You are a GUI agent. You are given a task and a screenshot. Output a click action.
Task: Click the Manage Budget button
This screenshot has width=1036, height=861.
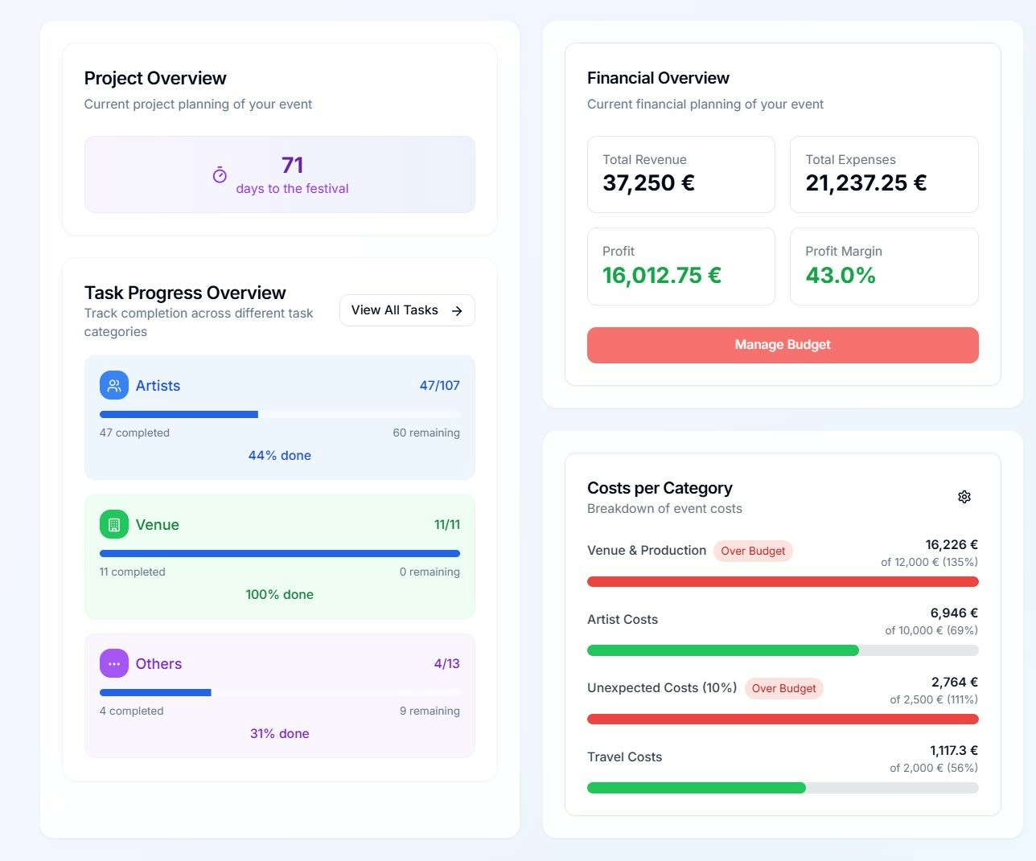pos(782,345)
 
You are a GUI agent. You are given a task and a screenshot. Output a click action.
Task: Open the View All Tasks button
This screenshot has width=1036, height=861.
pos(407,310)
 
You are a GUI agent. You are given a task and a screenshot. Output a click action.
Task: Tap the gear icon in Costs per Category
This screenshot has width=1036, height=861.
pos(964,497)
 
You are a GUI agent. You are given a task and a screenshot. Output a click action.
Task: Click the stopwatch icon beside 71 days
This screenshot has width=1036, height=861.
pos(220,175)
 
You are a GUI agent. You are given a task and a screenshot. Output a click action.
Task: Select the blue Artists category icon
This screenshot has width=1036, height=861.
pos(114,385)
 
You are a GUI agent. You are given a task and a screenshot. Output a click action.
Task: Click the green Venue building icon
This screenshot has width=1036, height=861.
pos(114,524)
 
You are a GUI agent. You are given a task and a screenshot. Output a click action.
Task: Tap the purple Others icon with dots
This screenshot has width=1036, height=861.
pos(114,663)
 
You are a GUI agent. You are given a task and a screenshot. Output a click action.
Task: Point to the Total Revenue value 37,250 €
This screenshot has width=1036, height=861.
pos(648,183)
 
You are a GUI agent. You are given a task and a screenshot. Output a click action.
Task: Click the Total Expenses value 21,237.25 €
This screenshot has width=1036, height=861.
pos(865,183)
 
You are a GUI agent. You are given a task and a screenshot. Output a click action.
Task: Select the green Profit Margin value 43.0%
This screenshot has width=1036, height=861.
pos(841,276)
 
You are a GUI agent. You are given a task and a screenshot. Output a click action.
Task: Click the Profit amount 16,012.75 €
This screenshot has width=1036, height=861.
pos(661,276)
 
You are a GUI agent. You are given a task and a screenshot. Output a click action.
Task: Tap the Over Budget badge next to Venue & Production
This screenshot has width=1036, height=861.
pos(753,551)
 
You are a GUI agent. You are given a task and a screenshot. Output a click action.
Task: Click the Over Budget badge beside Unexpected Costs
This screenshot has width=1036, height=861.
pos(783,688)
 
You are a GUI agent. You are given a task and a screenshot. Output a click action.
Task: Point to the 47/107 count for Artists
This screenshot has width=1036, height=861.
pos(439,385)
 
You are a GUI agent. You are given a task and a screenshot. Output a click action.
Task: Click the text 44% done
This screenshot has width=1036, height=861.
pos(279,455)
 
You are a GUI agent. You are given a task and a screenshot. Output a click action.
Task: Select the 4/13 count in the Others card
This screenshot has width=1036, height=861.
pos(446,663)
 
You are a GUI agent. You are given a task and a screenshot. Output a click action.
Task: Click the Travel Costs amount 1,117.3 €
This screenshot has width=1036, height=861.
pos(953,750)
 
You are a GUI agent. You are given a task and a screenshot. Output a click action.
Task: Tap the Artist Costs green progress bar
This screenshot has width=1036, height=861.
pos(722,650)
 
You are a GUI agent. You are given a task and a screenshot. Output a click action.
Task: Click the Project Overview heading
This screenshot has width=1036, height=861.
pos(155,78)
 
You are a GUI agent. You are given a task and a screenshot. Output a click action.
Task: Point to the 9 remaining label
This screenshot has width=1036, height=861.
pos(430,711)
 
